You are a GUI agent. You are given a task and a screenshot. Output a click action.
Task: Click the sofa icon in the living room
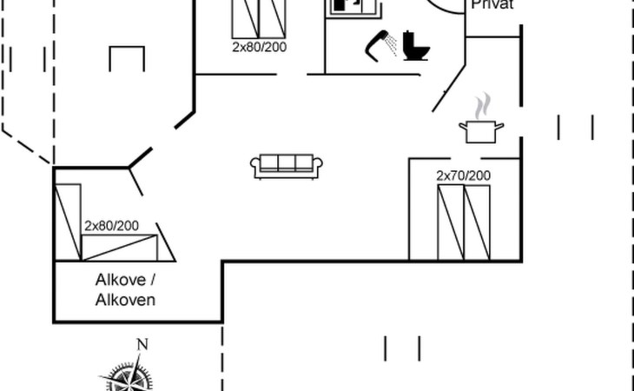287,165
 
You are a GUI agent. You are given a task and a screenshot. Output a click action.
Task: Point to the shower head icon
379,43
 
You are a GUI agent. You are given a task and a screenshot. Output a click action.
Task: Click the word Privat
492,4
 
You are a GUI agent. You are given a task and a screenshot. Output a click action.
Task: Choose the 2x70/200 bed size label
463,176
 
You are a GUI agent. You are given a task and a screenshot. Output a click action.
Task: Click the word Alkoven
125,300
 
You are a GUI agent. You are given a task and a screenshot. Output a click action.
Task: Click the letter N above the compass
142,345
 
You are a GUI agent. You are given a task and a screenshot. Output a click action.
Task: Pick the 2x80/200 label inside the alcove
111,226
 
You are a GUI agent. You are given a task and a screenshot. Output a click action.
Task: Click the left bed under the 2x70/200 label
451,222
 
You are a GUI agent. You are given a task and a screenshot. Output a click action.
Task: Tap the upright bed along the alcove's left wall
68,222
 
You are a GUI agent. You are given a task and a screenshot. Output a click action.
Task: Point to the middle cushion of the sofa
287,162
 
